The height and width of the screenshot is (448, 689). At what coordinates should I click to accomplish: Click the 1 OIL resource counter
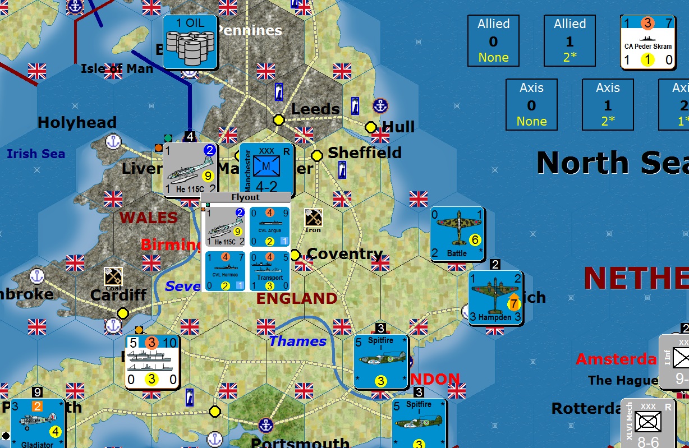click(190, 42)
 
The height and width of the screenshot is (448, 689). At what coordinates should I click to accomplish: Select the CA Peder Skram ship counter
click(647, 42)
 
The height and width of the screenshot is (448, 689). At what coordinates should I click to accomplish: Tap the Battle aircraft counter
click(457, 234)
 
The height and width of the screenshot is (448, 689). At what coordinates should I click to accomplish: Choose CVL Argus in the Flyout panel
click(270, 227)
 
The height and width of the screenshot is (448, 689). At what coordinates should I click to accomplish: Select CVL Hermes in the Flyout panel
click(224, 271)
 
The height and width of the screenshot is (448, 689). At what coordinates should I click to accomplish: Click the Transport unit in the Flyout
click(270, 271)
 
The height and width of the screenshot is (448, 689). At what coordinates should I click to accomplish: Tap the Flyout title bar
click(246, 197)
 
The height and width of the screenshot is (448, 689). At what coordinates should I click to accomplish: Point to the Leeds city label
click(315, 109)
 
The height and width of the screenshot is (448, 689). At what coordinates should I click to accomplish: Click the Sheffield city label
click(365, 153)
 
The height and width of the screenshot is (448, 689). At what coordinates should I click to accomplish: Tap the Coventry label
click(344, 254)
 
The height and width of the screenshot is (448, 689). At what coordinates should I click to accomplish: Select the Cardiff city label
click(118, 294)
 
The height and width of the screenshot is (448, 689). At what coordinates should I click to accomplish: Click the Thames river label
click(297, 341)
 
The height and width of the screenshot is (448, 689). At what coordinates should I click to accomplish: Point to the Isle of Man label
click(117, 69)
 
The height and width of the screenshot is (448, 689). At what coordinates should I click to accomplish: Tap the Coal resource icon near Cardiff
click(113, 278)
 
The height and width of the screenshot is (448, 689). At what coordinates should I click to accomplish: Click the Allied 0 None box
click(493, 41)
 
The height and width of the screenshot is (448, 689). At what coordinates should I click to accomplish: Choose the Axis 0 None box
click(531, 105)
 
